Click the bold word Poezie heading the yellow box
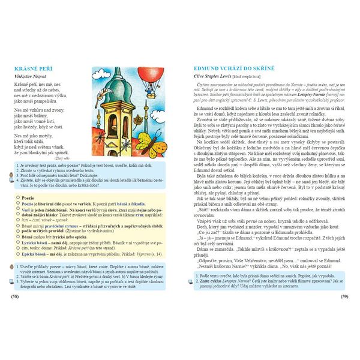point(28,196)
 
